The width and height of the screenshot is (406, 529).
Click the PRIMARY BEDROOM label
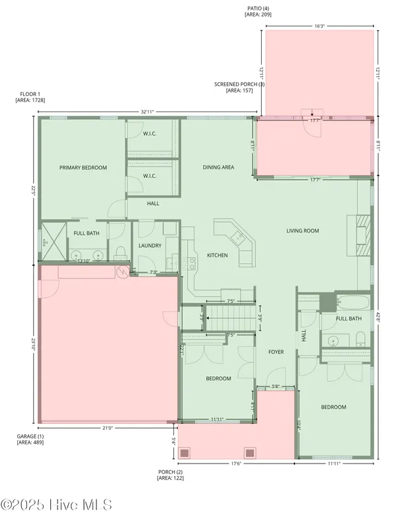[83, 168]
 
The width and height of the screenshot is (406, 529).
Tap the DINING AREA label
[218, 168]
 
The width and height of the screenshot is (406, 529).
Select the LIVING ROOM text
[303, 231]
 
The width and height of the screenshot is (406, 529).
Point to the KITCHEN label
[218, 255]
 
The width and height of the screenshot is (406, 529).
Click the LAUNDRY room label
[150, 246]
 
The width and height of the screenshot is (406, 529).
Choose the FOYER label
[276, 352]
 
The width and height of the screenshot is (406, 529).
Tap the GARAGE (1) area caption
[30, 439]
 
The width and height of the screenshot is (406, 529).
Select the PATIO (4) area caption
[258, 11]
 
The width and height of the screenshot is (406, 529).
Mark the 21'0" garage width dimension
[108, 428]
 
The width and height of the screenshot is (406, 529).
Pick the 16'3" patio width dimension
[319, 26]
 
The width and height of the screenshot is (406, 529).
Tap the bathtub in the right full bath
[356, 304]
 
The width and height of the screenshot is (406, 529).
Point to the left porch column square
[186, 453]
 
